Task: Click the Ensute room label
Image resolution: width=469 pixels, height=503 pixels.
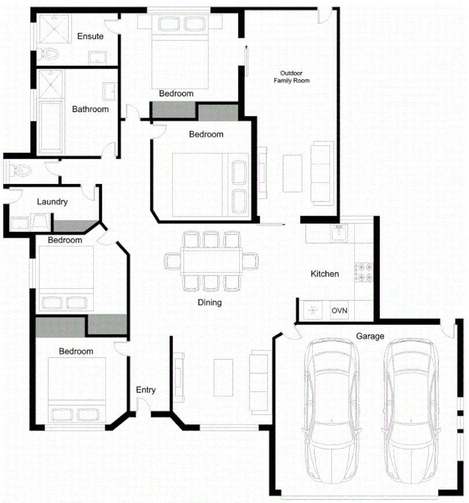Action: [x=90, y=36]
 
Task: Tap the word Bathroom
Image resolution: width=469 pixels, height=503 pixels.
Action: [x=90, y=109]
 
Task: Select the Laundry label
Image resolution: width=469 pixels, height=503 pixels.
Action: [x=52, y=202]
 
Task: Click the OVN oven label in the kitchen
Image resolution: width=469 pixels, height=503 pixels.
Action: [x=339, y=311]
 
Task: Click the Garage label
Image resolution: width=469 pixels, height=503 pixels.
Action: [x=370, y=336]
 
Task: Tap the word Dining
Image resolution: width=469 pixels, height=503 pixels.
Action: [x=210, y=302]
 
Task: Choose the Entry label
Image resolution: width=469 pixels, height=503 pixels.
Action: [x=146, y=390]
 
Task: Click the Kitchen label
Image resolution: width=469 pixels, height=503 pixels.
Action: [x=325, y=274]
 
